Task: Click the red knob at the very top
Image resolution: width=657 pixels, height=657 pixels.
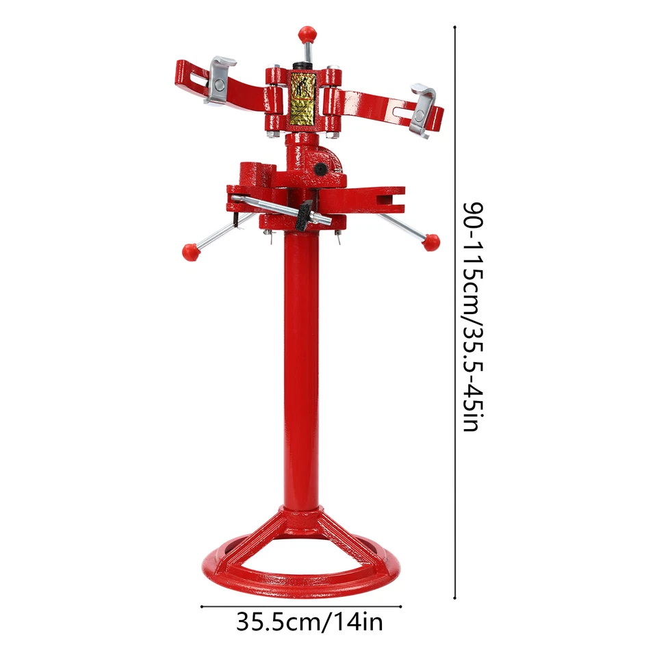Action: (307, 33)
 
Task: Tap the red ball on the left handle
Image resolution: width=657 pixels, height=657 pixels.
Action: (190, 251)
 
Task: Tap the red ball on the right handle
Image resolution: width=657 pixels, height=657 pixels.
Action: (430, 242)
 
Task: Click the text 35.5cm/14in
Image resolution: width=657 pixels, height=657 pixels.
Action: (310, 622)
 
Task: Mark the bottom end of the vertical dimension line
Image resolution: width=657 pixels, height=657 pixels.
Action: (455, 600)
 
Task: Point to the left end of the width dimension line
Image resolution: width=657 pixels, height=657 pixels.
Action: (201, 606)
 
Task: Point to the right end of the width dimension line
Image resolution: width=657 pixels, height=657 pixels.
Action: (401, 606)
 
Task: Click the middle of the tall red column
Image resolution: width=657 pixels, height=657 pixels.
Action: (301, 370)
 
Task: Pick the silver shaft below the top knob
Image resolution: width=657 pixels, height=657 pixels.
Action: (308, 52)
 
